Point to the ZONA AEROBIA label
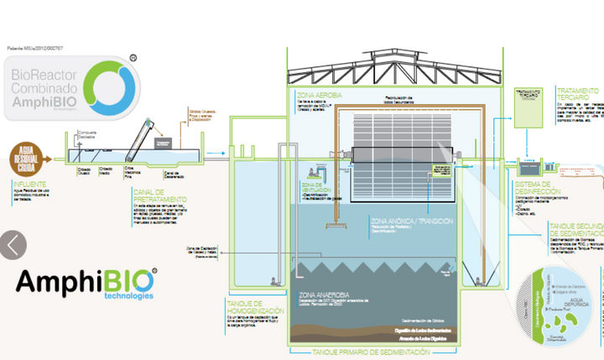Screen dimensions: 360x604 tap(318, 96)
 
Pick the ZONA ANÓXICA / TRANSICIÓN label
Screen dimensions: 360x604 tap(412, 222)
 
